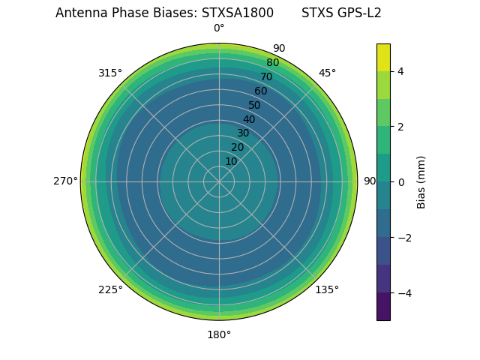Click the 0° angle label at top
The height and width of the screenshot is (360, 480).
(219, 28)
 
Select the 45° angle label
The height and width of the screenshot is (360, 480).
(327, 73)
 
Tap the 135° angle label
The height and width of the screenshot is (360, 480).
(327, 289)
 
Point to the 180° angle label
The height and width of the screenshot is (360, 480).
(219, 334)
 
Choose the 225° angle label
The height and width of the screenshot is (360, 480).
(110, 289)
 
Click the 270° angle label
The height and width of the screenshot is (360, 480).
(65, 181)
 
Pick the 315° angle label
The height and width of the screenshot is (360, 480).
(110, 73)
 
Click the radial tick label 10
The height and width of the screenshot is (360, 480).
(231, 161)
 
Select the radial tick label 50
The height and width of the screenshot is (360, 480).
(255, 105)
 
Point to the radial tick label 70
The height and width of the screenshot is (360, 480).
(266, 76)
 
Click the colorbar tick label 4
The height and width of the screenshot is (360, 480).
(401, 71)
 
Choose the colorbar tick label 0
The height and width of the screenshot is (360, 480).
(401, 181)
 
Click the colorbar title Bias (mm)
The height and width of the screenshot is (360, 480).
(421, 181)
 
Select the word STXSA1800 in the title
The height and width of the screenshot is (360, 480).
(232, 13)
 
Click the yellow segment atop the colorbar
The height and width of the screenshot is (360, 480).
(383, 57)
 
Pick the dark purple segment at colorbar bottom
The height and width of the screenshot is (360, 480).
(383, 307)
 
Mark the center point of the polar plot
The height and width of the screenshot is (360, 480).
(219, 181)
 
